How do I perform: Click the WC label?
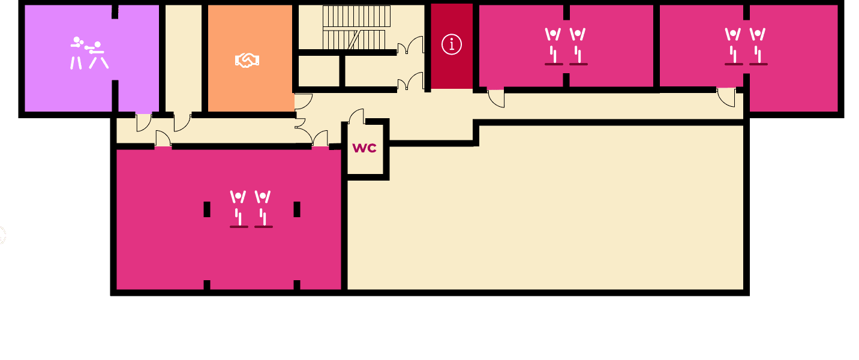tap(365, 148)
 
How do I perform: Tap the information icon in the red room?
tap(452, 44)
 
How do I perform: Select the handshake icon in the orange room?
tap(247, 60)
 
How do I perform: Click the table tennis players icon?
tap(89, 53)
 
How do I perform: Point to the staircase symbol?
tap(356, 28)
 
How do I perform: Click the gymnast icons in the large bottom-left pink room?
tap(251, 209)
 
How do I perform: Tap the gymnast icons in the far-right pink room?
tap(746, 46)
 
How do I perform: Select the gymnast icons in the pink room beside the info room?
tap(566, 46)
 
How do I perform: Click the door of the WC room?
tap(357, 117)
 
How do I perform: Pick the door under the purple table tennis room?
tap(143, 122)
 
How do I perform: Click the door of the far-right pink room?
tap(726, 97)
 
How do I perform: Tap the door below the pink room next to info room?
tap(496, 98)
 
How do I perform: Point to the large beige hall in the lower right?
tap(546, 216)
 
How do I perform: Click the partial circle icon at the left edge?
tap(2, 235)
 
